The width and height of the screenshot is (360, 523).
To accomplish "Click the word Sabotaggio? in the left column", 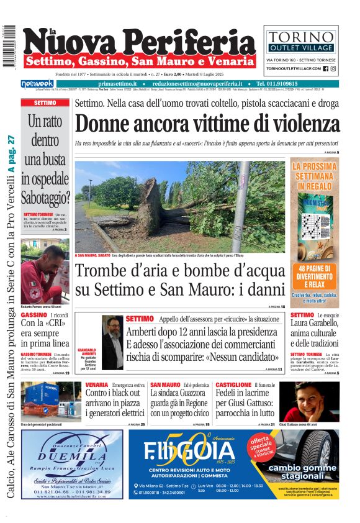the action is pos(45,198).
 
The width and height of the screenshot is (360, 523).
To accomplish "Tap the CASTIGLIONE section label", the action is pos(233,385).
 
